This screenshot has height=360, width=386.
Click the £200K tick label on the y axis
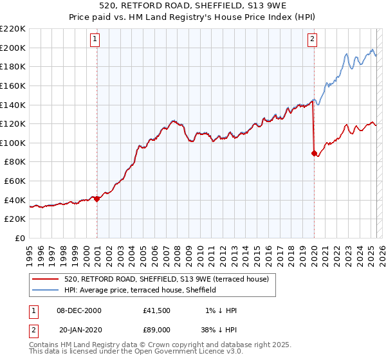13,48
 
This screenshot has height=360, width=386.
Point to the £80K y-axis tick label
15,162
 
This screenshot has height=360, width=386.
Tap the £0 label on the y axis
20,239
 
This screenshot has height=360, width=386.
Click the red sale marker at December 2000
97,199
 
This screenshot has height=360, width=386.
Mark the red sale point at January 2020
314,153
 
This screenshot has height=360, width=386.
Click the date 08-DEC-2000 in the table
80,310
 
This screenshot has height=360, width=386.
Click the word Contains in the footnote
45,346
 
